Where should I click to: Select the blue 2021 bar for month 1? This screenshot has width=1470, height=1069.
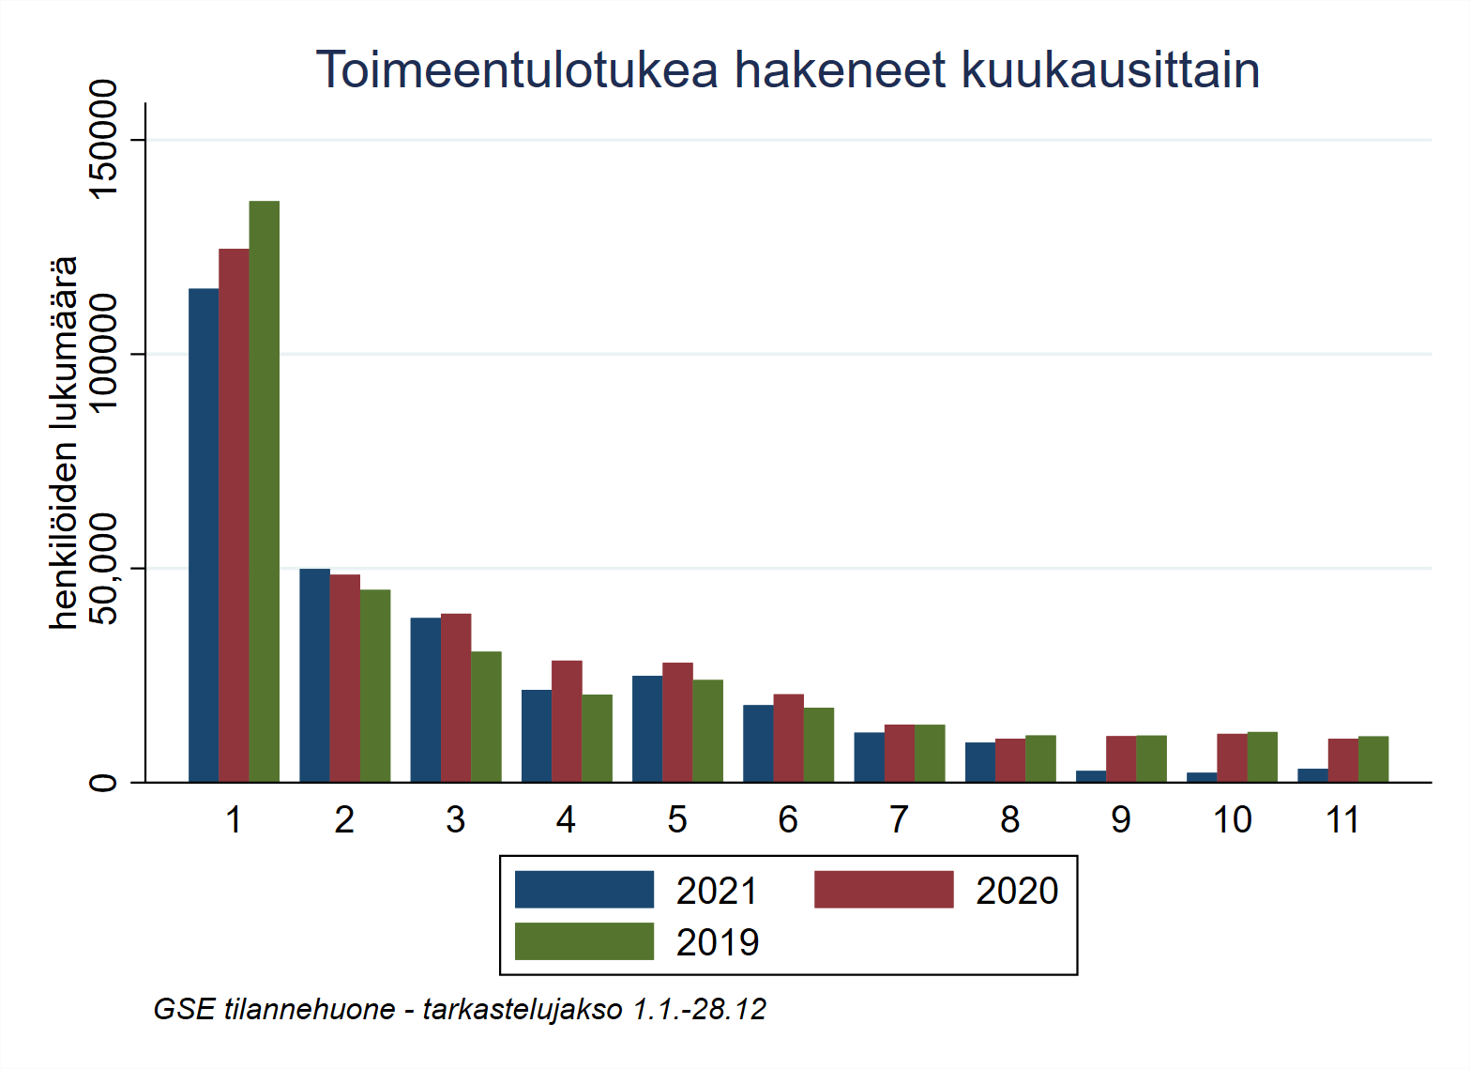(x=204, y=535)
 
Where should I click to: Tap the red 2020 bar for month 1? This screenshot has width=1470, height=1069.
(x=234, y=515)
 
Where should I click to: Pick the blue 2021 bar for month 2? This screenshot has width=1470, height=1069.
(x=314, y=675)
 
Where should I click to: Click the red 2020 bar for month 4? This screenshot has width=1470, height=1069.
(x=567, y=721)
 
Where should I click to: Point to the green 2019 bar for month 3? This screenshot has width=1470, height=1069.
(x=486, y=716)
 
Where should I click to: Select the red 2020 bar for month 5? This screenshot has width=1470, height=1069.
(x=677, y=722)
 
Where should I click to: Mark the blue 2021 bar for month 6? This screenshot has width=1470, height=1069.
(x=758, y=743)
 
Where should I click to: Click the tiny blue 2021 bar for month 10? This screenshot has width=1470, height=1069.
(x=1202, y=777)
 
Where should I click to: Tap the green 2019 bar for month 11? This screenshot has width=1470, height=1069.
(x=1373, y=759)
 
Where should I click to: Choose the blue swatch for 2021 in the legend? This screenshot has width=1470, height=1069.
(x=583, y=890)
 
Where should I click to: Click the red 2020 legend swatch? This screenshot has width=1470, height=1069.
(x=883, y=890)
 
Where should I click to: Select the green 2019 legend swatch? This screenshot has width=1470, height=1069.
(x=583, y=941)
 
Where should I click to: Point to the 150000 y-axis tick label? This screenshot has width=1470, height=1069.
(x=102, y=139)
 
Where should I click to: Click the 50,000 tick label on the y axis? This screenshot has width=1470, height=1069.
(x=102, y=569)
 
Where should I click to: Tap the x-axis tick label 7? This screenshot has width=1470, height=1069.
(x=899, y=820)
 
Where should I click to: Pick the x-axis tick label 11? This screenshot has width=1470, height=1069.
(x=1342, y=820)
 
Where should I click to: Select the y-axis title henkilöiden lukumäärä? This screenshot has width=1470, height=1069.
(x=64, y=442)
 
